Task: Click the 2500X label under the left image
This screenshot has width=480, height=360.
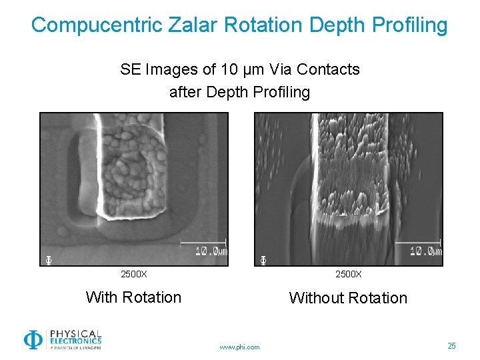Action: click(x=133, y=274)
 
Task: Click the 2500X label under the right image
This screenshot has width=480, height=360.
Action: click(x=348, y=274)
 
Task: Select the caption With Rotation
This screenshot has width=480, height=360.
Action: click(x=133, y=297)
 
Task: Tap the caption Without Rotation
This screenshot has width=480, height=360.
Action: click(x=348, y=298)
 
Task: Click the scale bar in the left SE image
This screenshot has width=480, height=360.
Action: click(x=203, y=242)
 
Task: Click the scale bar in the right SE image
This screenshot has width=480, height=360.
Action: click(x=418, y=242)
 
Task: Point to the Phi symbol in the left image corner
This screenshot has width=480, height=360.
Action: click(x=48, y=259)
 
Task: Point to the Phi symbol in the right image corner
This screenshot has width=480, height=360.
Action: click(x=263, y=259)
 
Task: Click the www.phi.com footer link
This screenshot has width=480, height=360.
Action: click(x=240, y=347)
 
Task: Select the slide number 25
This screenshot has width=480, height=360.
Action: click(x=451, y=345)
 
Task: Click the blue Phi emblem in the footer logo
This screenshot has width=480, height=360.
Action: click(x=33, y=339)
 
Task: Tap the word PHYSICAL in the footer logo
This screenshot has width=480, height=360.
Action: click(x=75, y=333)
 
